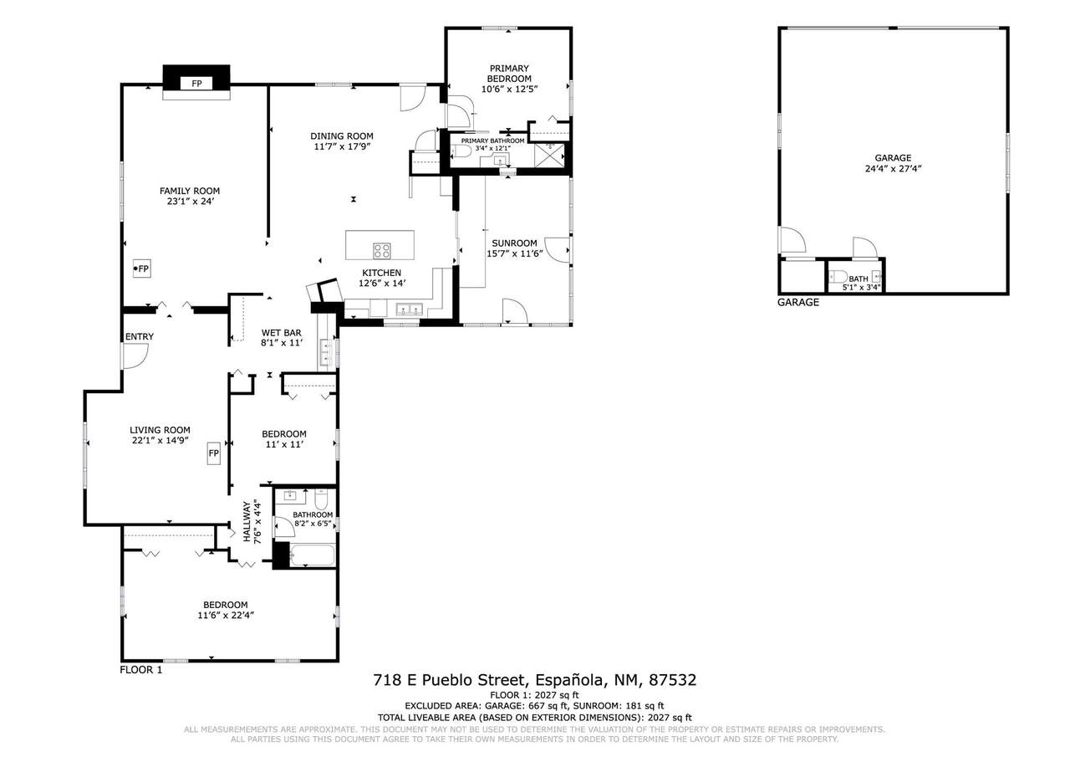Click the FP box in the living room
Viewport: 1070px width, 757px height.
[x=213, y=453]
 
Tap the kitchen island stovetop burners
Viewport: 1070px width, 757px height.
[x=382, y=251]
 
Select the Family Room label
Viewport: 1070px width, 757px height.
[x=190, y=191]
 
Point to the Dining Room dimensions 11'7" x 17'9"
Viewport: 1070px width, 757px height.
[x=342, y=146]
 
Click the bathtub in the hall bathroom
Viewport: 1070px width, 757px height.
[x=313, y=555]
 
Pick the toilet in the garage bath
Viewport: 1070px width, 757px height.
[x=838, y=276]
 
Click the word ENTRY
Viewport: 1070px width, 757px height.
[x=140, y=336]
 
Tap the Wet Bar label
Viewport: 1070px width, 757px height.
[x=282, y=333]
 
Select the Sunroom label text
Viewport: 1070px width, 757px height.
[x=514, y=243]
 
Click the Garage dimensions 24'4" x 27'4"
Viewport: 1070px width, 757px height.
[x=893, y=168]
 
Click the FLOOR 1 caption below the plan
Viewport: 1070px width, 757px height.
[x=141, y=670]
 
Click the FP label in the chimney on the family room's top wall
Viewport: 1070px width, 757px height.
[x=196, y=84]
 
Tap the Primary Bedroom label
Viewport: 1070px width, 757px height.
[x=509, y=73]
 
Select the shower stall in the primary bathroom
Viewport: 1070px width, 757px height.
[x=550, y=156]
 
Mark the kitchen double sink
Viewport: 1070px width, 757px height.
[x=410, y=309]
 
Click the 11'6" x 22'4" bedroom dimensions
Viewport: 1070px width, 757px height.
[x=226, y=615]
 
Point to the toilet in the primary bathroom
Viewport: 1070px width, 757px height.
[x=461, y=151]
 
